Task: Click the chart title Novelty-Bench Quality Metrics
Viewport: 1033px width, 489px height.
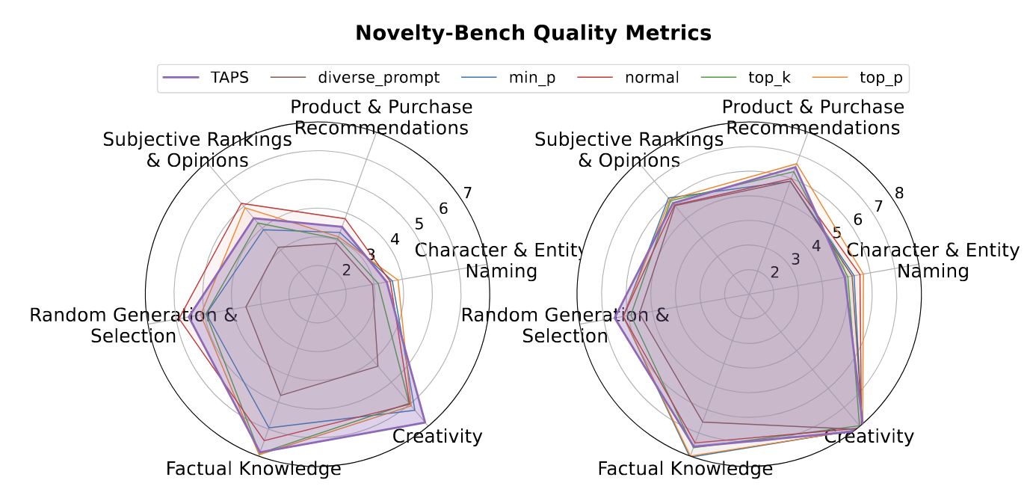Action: (x=533, y=33)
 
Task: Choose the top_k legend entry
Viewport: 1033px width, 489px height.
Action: (x=770, y=77)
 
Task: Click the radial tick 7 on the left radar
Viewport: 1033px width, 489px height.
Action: (x=467, y=194)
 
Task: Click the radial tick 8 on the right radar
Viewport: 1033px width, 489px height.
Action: (x=899, y=194)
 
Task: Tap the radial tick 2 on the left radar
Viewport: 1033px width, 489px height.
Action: (x=346, y=271)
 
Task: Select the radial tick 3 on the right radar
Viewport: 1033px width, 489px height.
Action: (x=795, y=259)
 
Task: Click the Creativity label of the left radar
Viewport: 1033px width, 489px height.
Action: (x=438, y=436)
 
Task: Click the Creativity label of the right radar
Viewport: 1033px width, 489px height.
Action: (x=869, y=436)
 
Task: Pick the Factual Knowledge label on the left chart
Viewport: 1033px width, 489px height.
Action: (x=253, y=469)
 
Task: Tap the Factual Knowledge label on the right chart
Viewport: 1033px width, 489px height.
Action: (x=685, y=469)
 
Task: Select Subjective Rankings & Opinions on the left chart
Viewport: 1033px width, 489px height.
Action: (x=197, y=150)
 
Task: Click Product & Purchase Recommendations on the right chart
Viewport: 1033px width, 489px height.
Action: (x=813, y=117)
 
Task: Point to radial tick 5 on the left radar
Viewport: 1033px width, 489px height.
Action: (x=419, y=224)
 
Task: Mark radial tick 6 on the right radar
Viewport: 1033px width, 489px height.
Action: (x=857, y=220)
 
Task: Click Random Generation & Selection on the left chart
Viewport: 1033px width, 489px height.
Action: (x=133, y=325)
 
